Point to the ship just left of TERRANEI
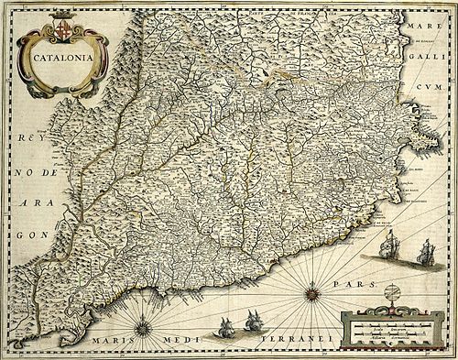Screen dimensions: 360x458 (x=253, y=322)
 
